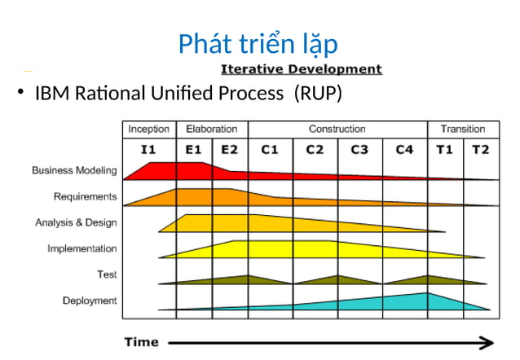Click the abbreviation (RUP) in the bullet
pos(317,94)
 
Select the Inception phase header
pos(149,130)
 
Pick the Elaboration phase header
pos(211,130)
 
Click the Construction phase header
pos(337,130)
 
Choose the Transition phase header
pos(462,130)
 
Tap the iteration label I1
pos(148,150)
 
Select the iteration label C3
pos(359,150)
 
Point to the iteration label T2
pos(480,150)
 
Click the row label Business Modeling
pos(73,171)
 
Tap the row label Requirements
pos(85,197)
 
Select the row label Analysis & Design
pos(76,222)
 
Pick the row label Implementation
pos(82,248)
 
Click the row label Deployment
pos(90,301)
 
